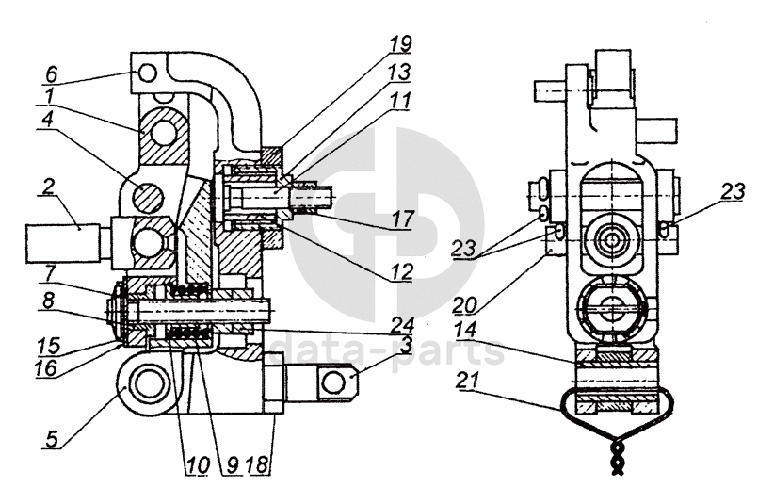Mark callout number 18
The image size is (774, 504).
(260, 465)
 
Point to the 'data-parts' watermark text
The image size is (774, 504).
(386, 352)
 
